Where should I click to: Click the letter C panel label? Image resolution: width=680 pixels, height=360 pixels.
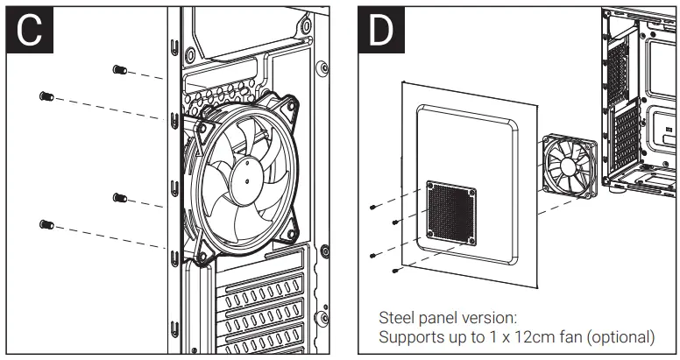29,30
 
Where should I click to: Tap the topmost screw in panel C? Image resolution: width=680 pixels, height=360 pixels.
120,70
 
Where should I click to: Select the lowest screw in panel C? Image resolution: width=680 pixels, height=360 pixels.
46,225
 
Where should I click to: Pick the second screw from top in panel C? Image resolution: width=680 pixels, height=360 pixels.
46,95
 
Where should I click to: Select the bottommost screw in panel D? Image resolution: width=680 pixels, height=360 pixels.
396,272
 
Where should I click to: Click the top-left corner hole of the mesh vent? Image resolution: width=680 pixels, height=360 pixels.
430,187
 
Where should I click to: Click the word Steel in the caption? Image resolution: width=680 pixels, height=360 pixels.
395,317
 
